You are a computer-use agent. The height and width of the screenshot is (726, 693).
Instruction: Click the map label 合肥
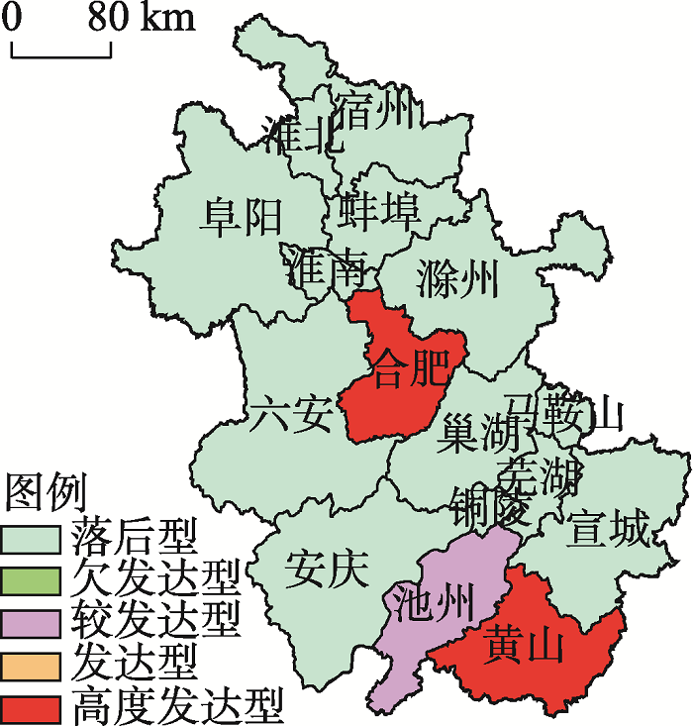coord(408,367)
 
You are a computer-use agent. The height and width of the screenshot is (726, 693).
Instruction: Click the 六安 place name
coord(289,415)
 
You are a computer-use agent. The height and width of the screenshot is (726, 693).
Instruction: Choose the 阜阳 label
coord(241,216)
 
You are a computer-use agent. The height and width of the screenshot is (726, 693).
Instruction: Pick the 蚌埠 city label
coord(380,211)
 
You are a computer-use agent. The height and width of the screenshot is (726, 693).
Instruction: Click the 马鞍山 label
coord(564,411)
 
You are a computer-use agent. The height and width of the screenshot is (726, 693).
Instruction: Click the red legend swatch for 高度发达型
coord(33,706)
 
